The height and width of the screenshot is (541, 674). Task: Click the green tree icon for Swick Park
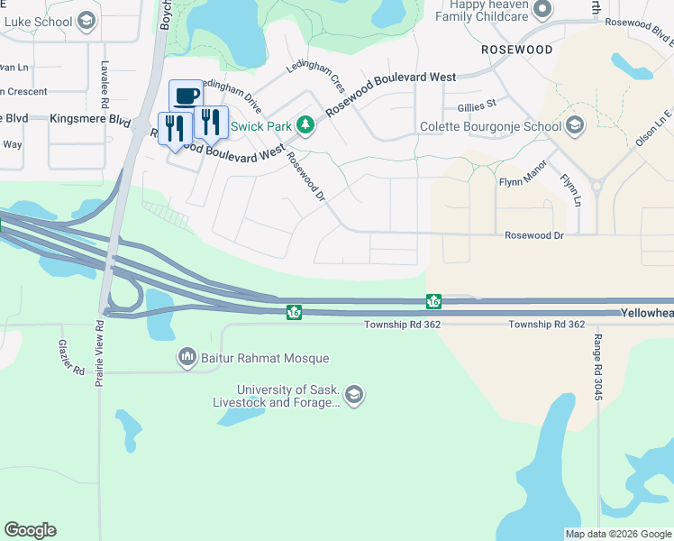point(305,125)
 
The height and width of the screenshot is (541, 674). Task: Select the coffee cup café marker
point(187,96)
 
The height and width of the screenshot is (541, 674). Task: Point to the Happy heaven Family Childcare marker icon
point(542,10)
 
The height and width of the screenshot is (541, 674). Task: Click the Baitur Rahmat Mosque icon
point(187,358)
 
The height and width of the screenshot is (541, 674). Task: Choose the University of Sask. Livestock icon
point(354,394)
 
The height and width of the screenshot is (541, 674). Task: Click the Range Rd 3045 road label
point(597,367)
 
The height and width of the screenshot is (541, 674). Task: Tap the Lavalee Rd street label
point(105,81)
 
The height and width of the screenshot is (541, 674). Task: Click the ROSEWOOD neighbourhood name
point(516,50)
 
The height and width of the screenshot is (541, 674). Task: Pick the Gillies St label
point(478,105)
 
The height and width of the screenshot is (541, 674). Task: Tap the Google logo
point(30,530)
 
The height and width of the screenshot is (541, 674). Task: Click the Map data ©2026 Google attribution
point(618,534)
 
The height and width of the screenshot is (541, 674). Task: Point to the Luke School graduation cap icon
point(86,20)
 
